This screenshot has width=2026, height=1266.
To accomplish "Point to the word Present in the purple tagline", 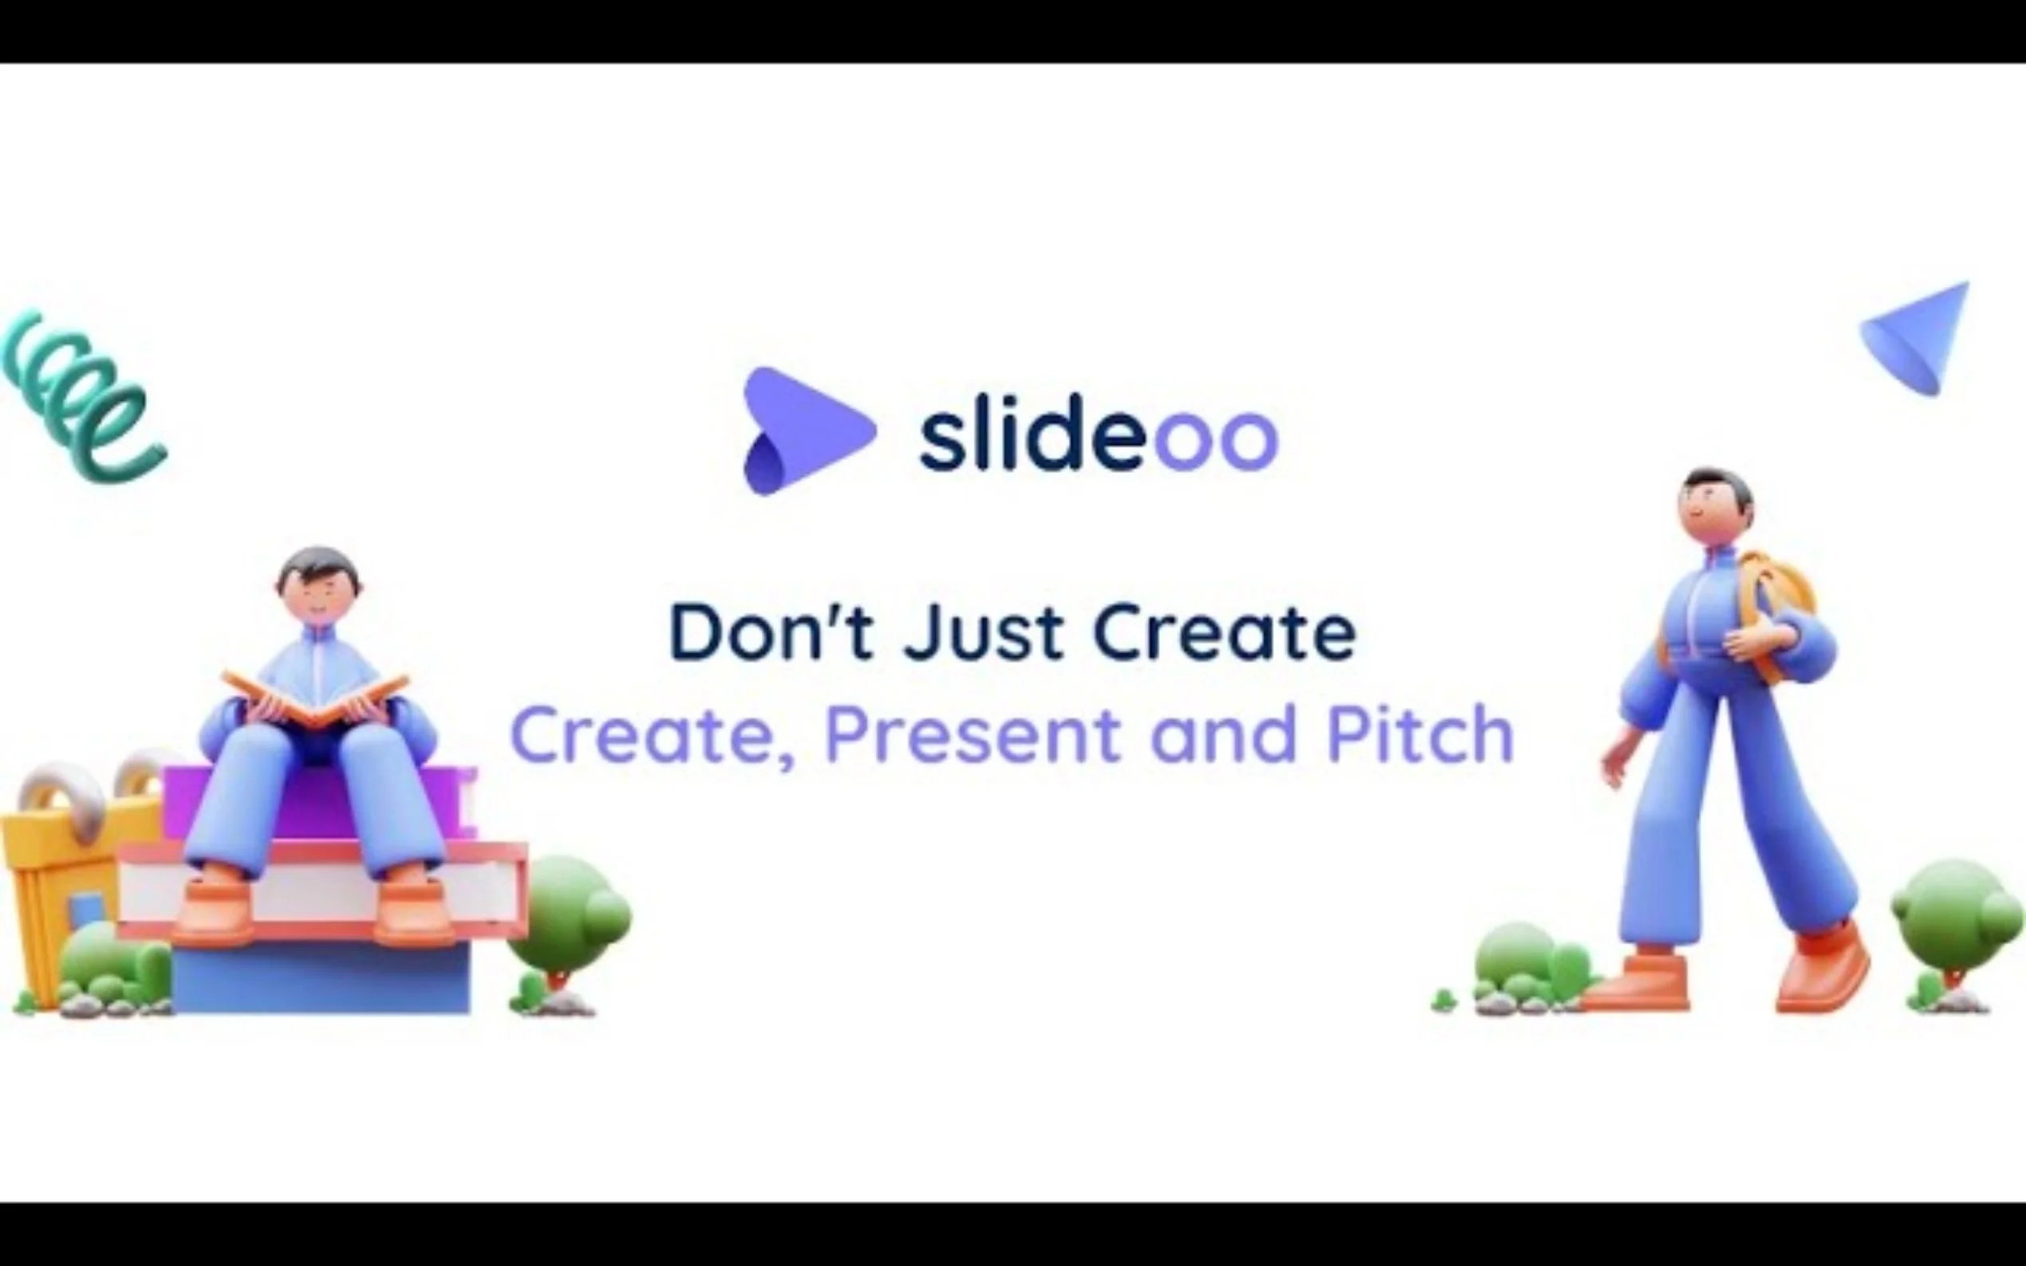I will pos(972,735).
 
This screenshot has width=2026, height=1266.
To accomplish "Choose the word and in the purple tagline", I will pos(1224,733).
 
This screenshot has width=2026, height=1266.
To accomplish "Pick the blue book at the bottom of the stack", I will pos(322,980).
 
